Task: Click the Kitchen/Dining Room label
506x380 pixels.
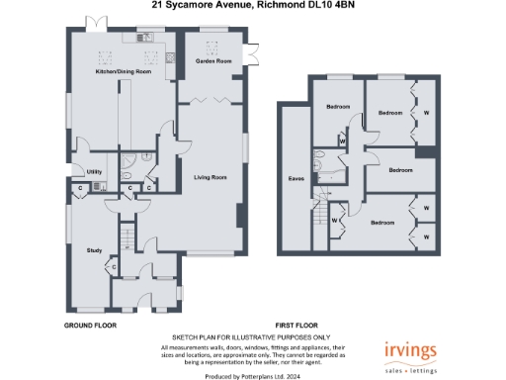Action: (x=123, y=72)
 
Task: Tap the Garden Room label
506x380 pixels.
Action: (x=212, y=61)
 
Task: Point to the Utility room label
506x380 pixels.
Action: (x=95, y=171)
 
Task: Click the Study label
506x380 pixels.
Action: (x=95, y=250)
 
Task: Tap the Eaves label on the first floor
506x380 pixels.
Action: (x=295, y=178)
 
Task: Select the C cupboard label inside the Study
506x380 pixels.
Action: (x=115, y=265)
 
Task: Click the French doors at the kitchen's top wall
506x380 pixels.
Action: (x=96, y=22)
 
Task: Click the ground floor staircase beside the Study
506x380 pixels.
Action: (x=126, y=237)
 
